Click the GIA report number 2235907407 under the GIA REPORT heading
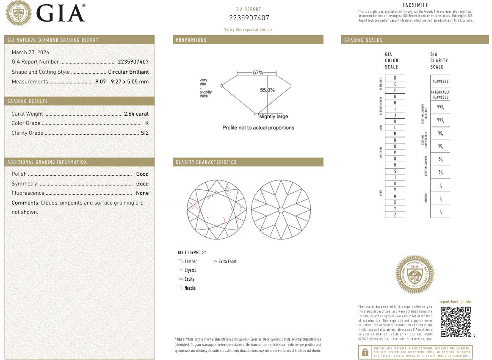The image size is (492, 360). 249,18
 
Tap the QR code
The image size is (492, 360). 456,322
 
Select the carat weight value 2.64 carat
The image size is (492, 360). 136,114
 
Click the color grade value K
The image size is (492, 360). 146,123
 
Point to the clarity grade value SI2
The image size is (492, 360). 144,133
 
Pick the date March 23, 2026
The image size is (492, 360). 30,53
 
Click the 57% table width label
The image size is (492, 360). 258,72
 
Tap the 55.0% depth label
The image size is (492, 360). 267,90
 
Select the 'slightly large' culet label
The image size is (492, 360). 274,116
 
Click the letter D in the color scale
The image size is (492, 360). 395,78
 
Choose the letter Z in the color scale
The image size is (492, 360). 395,215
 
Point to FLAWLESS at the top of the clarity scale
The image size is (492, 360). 440,81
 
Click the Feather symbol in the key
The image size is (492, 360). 181,261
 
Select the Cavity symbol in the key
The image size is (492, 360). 181,279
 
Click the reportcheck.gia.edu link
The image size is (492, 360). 455,302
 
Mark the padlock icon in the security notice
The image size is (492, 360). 365,352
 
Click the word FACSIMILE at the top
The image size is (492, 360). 415,5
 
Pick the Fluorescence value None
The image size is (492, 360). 142,193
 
